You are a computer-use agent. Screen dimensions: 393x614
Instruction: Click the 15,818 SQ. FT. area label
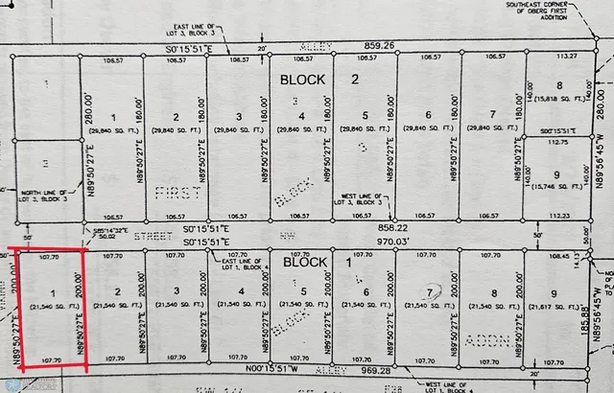point(558,98)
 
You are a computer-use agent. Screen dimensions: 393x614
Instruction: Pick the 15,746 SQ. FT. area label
point(557,185)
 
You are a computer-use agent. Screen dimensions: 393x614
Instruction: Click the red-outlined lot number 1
point(53,290)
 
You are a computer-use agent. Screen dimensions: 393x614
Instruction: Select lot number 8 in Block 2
point(558,85)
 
